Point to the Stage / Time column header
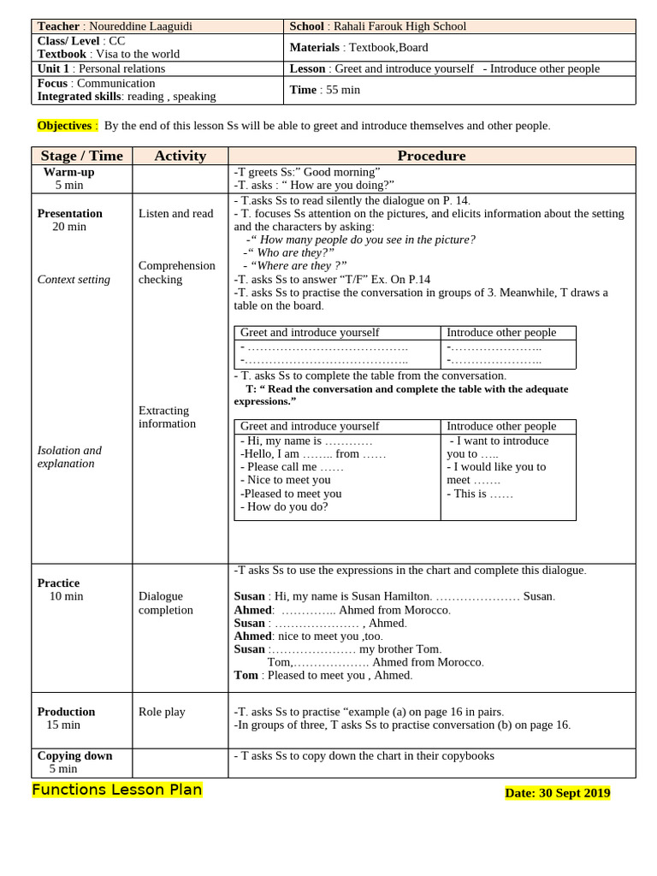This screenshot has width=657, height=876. tap(82, 156)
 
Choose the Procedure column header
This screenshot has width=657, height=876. tap(431, 156)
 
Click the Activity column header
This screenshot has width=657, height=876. tap(180, 156)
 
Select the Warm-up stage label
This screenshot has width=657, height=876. tap(68, 172)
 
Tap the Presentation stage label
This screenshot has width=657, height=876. tap(69, 213)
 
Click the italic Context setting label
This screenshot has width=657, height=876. tap(74, 279)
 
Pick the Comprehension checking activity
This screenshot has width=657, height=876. tap(176, 272)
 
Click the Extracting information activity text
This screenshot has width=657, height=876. tap(167, 417)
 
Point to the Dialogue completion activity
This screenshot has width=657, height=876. tap(166, 602)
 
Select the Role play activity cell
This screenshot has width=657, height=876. tap(162, 712)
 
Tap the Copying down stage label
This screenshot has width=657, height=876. tap(74, 756)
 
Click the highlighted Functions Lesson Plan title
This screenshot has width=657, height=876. tap(117, 790)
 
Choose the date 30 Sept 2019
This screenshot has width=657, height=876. tap(574, 793)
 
